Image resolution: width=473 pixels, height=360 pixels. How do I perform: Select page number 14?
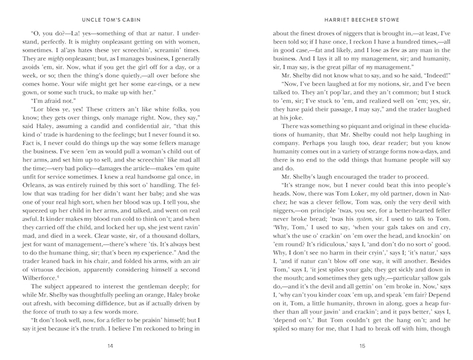click(110, 346)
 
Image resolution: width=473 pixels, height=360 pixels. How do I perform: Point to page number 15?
click(362, 346)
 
